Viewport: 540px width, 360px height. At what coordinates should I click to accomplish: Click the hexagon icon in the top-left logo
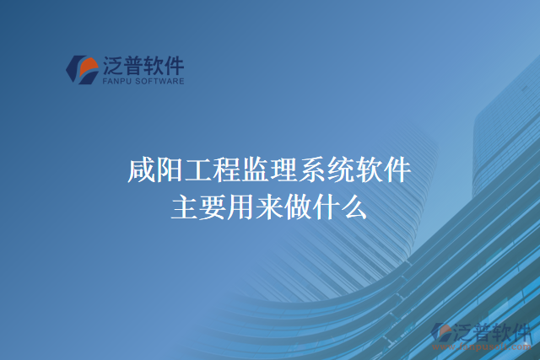(x=81, y=70)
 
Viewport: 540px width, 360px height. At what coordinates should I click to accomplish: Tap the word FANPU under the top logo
(x=114, y=82)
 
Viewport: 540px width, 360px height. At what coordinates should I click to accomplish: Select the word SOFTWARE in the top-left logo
(x=157, y=82)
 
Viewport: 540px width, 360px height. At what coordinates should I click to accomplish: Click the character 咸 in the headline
(x=141, y=172)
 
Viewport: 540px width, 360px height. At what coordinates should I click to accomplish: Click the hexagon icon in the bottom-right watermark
(x=440, y=333)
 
